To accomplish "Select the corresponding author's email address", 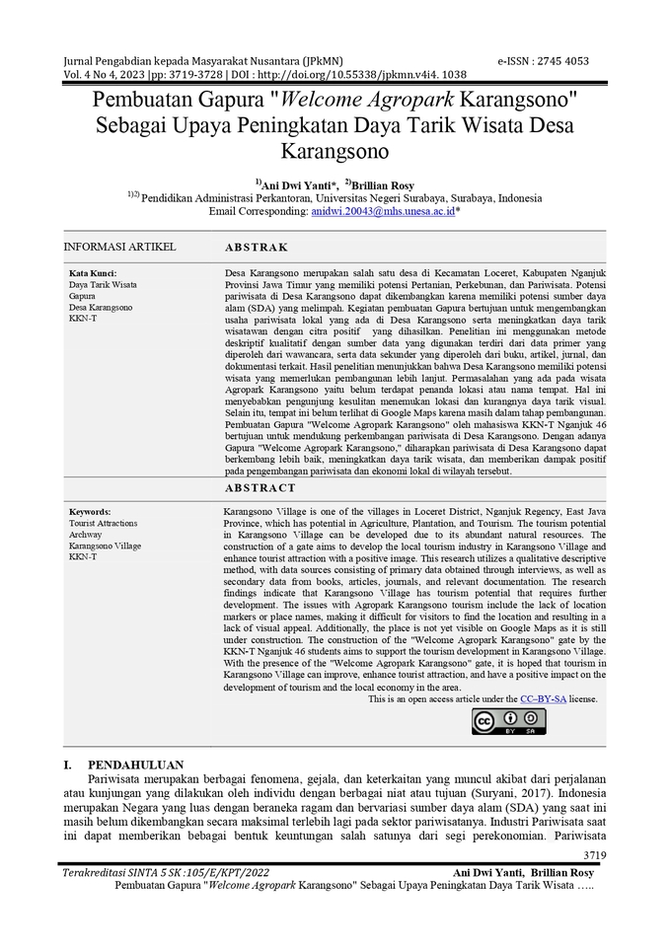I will (382, 211).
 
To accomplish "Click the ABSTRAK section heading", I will (257, 248).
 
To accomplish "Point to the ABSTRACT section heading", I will (260, 488).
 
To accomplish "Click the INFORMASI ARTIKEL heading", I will (119, 247).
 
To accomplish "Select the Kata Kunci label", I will (93, 273).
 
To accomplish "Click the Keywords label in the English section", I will (90, 512).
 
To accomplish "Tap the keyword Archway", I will (85, 535).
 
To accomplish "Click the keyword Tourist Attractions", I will (104, 523).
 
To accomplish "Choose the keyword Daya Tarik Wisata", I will (103, 284).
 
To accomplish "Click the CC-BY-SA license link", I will (543, 699).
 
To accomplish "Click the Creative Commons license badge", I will (509, 722).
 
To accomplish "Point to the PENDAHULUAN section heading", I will (135, 765).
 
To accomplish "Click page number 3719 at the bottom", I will (595, 855).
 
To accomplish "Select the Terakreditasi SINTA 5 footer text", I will (165, 873).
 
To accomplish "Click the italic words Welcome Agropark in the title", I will (352, 101).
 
